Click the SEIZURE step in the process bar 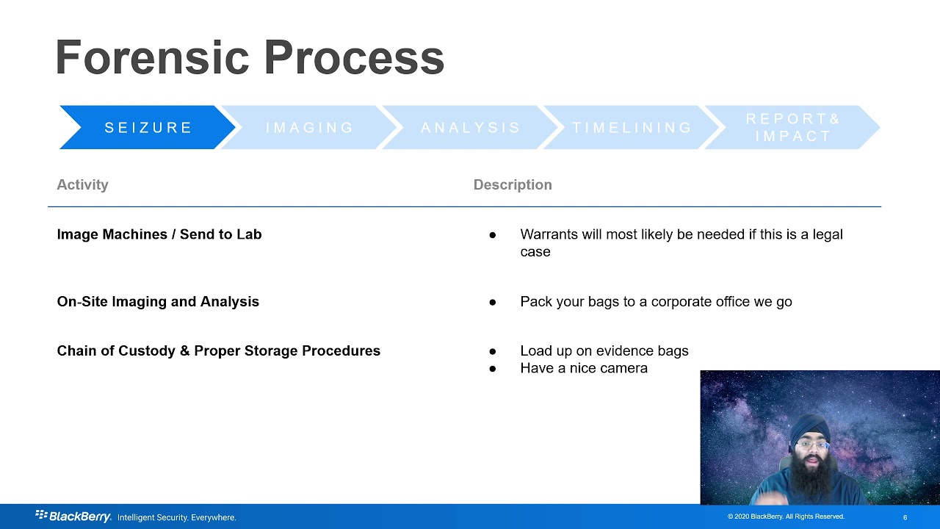pos(148,128)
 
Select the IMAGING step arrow pos(309,128)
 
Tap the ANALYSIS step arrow pos(471,128)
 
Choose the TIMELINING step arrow pos(632,128)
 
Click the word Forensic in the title pos(152,58)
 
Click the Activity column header pos(82,185)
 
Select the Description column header pos(513,185)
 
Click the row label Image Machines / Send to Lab pos(159,234)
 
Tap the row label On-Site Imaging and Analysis pos(158,302)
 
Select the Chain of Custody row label pos(218,351)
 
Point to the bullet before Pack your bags pos(493,302)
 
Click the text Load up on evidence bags pos(604,351)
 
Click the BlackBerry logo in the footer pos(73,517)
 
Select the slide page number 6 pos(905,517)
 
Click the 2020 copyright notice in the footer pos(786,517)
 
